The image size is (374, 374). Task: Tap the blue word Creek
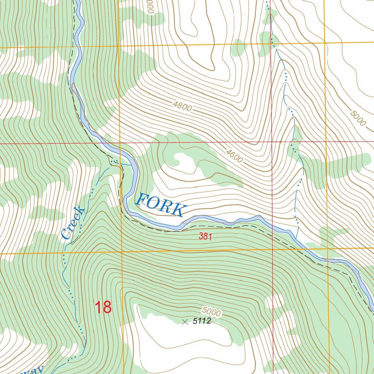[x=73, y=223]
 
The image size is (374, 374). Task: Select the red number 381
[x=205, y=237]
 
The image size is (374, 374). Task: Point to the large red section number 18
[x=103, y=307]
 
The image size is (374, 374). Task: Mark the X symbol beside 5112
[x=185, y=322]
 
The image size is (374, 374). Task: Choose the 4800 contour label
[x=182, y=107]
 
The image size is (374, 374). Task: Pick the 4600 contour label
[x=234, y=156]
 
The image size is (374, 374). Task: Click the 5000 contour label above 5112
[x=211, y=312]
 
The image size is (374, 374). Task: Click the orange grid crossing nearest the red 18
[x=121, y=252]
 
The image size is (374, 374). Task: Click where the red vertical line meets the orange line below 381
[x=272, y=250]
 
